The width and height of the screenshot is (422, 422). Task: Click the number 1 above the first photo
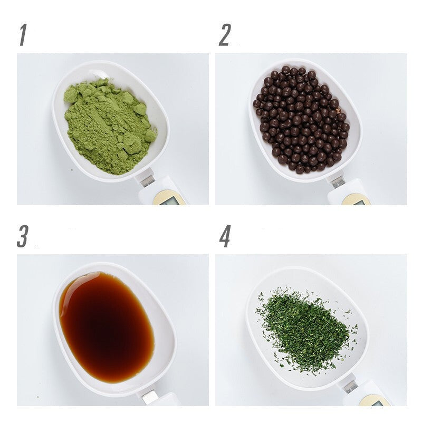[x=23, y=35]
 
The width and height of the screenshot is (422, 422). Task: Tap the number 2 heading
[x=225, y=35]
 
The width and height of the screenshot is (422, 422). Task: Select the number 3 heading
[x=23, y=236]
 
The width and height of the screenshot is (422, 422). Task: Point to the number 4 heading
[x=225, y=236]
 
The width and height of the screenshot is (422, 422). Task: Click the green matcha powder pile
[x=110, y=126]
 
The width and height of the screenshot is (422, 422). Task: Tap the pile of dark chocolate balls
[x=301, y=119]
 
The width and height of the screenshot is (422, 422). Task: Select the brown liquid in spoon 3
[x=107, y=327]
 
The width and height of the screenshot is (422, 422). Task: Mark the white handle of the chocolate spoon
[x=350, y=194]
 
